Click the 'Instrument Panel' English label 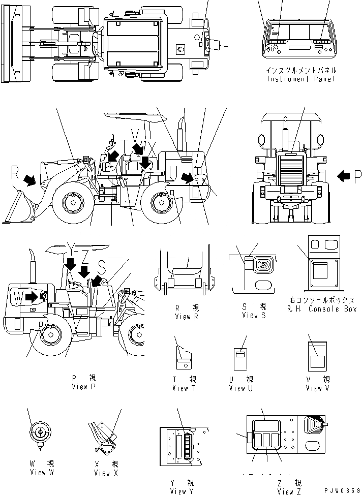(301, 79)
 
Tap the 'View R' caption (183, 316)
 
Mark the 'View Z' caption (289, 491)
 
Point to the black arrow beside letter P (344, 176)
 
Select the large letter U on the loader (173, 168)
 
